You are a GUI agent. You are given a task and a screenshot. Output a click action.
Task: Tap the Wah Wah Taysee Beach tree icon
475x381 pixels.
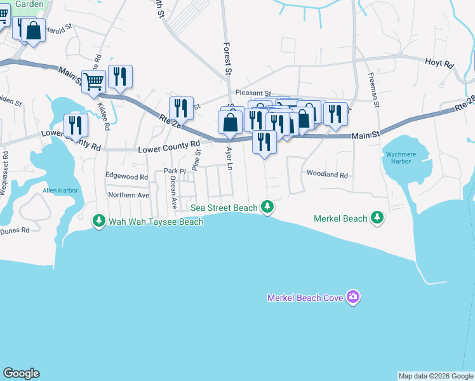(x=98, y=221)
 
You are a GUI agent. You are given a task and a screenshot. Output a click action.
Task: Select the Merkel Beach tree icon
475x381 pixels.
(x=377, y=218)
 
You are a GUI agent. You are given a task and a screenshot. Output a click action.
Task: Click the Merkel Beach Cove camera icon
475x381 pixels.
(x=354, y=297)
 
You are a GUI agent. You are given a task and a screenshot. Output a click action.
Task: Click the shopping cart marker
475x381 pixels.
(x=93, y=82)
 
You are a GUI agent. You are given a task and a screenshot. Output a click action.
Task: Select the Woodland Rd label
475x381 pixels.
(x=328, y=174)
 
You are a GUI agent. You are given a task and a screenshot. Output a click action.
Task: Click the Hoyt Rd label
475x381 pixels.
(x=439, y=64)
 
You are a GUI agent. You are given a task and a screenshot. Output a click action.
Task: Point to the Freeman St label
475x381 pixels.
(x=373, y=89)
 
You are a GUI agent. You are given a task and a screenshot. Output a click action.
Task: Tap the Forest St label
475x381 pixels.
(x=227, y=57)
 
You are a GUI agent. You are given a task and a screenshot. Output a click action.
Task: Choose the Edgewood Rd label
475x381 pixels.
(x=126, y=177)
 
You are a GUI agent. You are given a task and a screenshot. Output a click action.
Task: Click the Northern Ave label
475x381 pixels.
(x=128, y=195)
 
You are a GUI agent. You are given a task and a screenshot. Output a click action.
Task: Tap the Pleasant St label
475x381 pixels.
(x=253, y=93)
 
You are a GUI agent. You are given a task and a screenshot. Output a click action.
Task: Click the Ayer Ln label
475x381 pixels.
(x=230, y=161)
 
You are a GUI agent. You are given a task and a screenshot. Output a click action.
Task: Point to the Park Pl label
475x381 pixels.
(x=174, y=171)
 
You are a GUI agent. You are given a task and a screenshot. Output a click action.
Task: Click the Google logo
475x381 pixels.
(x=21, y=373)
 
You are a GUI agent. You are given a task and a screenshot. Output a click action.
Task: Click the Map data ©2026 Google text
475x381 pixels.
(x=436, y=376)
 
